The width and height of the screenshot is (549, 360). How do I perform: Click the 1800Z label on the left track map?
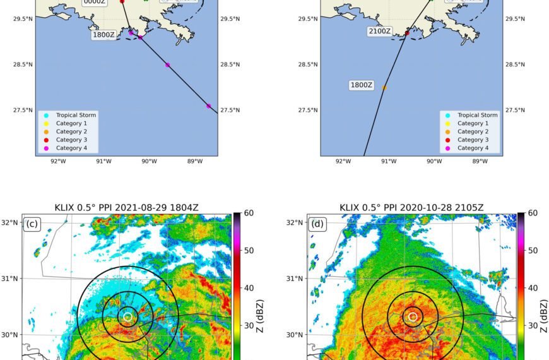[x=103, y=35]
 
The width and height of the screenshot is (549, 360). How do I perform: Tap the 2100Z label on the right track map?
[x=379, y=31]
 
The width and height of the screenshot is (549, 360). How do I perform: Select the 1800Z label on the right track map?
[x=362, y=85]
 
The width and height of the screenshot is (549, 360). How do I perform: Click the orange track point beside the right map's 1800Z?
[x=384, y=87]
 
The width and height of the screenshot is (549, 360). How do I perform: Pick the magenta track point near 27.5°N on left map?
[x=208, y=106]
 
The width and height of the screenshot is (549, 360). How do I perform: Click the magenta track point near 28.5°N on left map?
[x=167, y=65]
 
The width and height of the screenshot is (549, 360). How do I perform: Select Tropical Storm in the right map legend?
[x=477, y=115]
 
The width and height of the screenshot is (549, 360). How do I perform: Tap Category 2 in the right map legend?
[x=473, y=131]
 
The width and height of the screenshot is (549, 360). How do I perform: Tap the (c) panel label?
[x=33, y=224]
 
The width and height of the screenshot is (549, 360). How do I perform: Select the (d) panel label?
[x=317, y=224]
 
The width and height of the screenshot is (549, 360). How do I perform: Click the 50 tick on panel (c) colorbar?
[x=249, y=251]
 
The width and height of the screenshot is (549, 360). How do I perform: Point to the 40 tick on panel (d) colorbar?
[x=533, y=288]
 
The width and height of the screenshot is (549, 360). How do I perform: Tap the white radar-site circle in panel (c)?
[x=128, y=316]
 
